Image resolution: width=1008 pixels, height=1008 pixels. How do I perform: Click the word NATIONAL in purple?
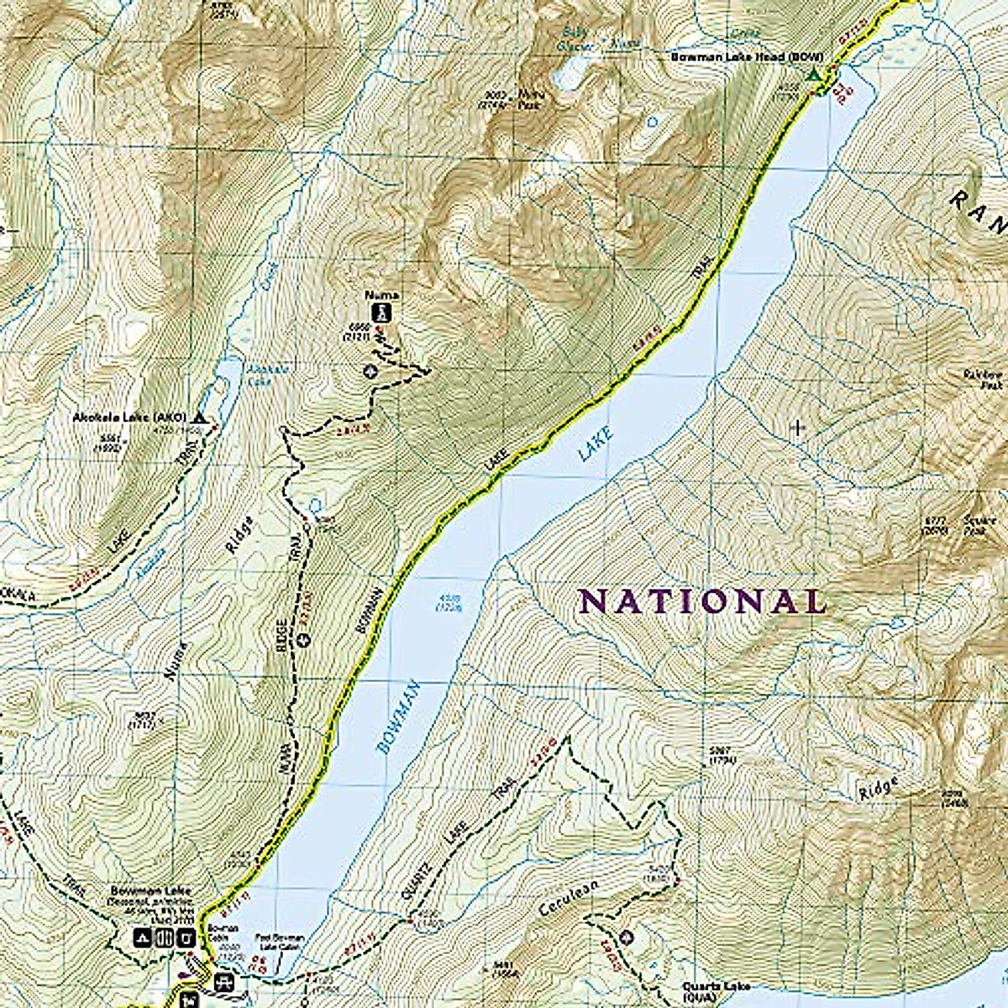tap(702, 601)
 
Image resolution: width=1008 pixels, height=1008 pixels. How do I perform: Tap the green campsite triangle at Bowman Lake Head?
tap(812, 76)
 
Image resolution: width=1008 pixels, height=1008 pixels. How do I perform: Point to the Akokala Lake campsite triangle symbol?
tap(199, 417)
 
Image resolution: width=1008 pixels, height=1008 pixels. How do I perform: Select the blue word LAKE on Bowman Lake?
tap(596, 444)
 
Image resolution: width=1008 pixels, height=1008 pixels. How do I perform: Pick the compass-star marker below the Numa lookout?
tap(370, 370)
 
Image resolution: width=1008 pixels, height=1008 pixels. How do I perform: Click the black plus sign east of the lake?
tap(797, 428)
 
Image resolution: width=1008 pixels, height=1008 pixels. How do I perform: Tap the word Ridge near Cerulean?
tap(879, 788)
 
